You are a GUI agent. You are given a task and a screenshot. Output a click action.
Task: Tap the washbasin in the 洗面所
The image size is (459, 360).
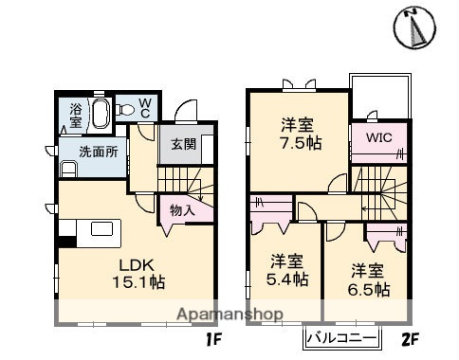[67, 169]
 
